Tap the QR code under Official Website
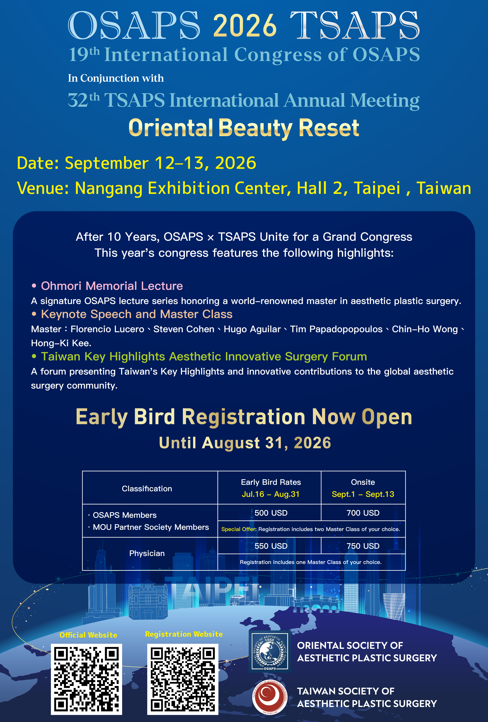click(86, 679)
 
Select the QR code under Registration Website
click(183, 679)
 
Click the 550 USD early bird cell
click(271, 546)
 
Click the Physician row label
click(147, 553)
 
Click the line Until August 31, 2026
click(245, 443)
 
